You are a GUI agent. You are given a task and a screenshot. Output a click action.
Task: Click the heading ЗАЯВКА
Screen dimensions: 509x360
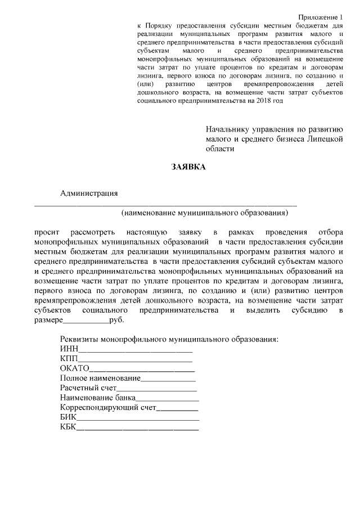click(188, 167)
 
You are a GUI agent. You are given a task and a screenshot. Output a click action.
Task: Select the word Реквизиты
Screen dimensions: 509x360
click(79, 340)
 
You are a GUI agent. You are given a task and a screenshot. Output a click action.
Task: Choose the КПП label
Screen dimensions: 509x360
click(69, 359)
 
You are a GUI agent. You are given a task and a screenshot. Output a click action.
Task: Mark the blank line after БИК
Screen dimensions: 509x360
click(138, 419)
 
